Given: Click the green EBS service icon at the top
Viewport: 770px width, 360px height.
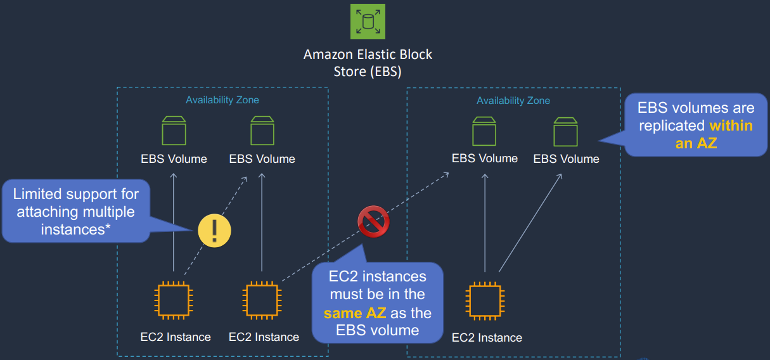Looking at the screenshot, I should click(x=368, y=22).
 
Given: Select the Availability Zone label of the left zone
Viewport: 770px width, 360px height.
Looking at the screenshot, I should click(x=222, y=100).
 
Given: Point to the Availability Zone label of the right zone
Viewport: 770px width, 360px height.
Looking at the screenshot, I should click(x=513, y=101).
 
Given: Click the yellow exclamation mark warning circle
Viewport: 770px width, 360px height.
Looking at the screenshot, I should click(x=214, y=229).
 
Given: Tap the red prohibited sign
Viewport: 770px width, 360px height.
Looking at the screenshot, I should click(x=373, y=222).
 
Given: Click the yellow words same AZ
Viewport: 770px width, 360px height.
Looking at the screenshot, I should click(x=354, y=312).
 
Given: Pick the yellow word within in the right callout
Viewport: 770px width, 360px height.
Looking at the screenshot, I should click(x=731, y=125).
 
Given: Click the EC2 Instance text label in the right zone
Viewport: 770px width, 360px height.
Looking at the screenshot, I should click(x=487, y=338).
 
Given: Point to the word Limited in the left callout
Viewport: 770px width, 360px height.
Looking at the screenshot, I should click(x=39, y=193).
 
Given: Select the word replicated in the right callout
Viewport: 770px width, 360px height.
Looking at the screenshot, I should click(x=672, y=125).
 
